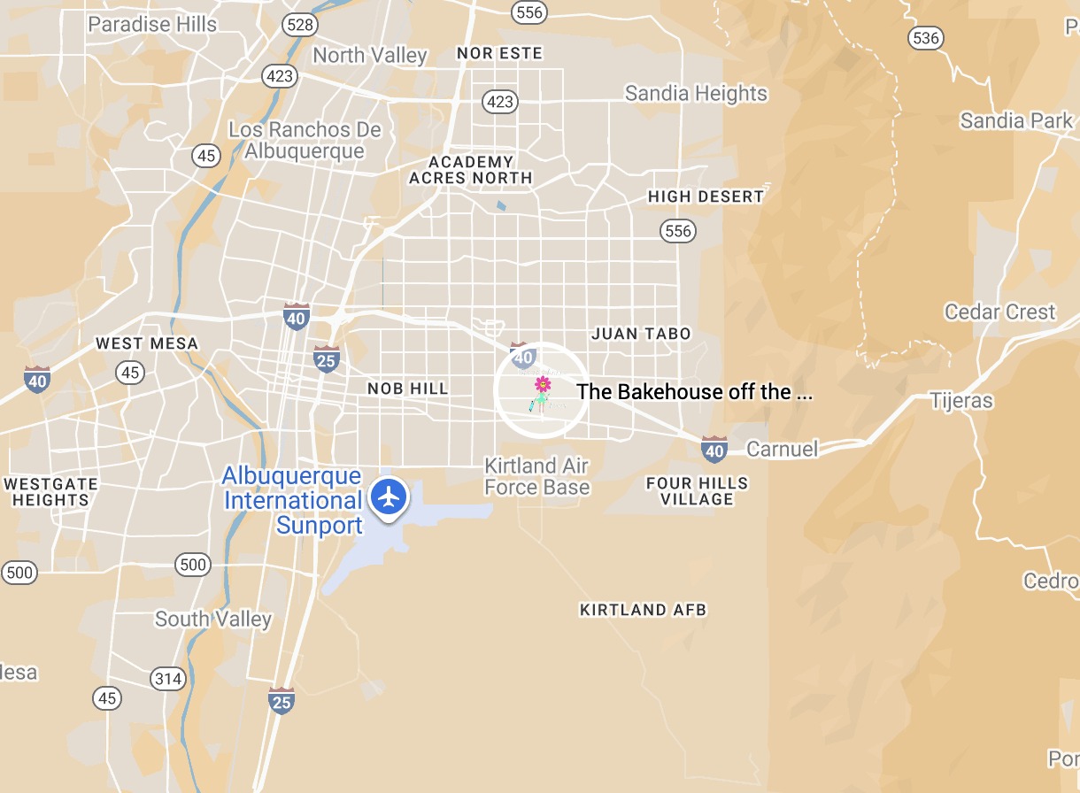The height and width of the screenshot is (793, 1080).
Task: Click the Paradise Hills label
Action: pos(152,24)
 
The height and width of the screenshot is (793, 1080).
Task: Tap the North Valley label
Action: pos(370,55)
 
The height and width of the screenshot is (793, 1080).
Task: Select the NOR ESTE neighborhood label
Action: pos(499,54)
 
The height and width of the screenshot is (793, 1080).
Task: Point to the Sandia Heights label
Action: pos(696,93)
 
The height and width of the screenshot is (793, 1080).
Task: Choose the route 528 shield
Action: pos(300,25)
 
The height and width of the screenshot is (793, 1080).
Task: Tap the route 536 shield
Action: pos(924,38)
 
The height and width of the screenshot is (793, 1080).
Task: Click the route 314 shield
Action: pos(167,679)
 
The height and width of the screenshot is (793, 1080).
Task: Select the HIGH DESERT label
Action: pos(706,196)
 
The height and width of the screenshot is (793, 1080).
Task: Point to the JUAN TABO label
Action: pos(641,334)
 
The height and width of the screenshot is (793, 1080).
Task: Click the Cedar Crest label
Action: pos(999,312)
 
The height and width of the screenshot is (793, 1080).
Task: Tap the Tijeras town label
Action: pos(961,401)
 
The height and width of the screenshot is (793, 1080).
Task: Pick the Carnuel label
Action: pos(783,449)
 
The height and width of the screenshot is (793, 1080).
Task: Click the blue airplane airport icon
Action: pos(388,496)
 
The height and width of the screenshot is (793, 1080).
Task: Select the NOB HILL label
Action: pos(408,389)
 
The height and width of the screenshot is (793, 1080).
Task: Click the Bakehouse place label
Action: pos(694,392)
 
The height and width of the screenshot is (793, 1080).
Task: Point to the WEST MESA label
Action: pos(147,343)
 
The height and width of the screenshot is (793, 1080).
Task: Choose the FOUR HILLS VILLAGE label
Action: pos(697,491)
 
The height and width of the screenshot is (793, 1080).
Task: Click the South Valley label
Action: pos(213,619)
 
